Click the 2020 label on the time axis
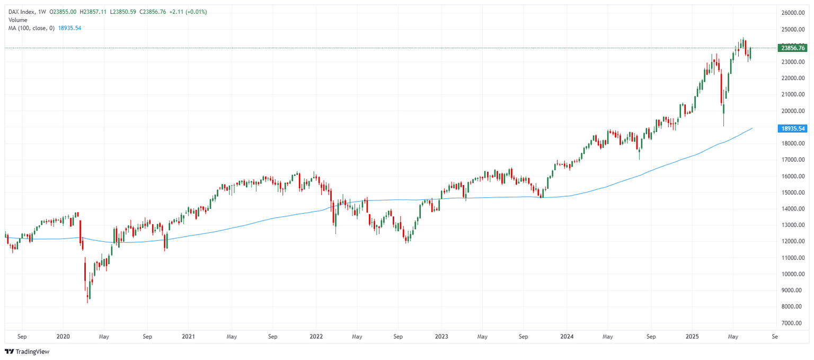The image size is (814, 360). click(x=63, y=336)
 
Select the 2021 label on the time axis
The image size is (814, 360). click(x=188, y=336)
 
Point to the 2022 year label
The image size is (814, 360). click(x=316, y=336)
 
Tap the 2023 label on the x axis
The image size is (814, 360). click(x=441, y=336)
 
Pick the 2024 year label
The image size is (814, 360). click(x=567, y=336)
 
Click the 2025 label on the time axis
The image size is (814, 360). click(x=692, y=336)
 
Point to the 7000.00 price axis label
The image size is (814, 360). click(x=793, y=323)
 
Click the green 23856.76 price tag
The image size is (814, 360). click(x=791, y=48)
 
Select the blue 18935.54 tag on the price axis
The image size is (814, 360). click(x=791, y=128)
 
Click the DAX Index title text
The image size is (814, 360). click(x=23, y=12)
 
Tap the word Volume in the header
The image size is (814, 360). click(x=17, y=20)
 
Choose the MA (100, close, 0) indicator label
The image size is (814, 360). click(x=31, y=28)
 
